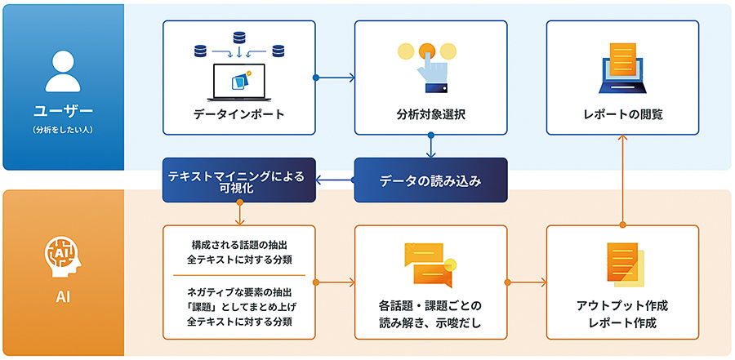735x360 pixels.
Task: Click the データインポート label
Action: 238,114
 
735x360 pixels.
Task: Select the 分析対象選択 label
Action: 430,114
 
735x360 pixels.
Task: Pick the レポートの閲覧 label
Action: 622,114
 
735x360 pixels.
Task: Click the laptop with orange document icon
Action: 622,65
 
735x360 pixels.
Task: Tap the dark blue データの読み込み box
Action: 430,180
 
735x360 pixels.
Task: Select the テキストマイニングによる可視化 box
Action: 238,180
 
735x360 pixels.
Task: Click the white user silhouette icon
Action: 63,69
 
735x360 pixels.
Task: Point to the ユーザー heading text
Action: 63,110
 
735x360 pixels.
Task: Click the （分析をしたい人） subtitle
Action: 63,129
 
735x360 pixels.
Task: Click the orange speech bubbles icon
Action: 430,264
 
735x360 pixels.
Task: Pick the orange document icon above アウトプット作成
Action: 622,263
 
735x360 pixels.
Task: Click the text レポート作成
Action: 622,322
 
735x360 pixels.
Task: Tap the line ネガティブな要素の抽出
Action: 238,291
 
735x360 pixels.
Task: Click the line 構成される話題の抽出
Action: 238,244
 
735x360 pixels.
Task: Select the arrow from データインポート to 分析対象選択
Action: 335,78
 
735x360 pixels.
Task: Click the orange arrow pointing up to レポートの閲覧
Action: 622,180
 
